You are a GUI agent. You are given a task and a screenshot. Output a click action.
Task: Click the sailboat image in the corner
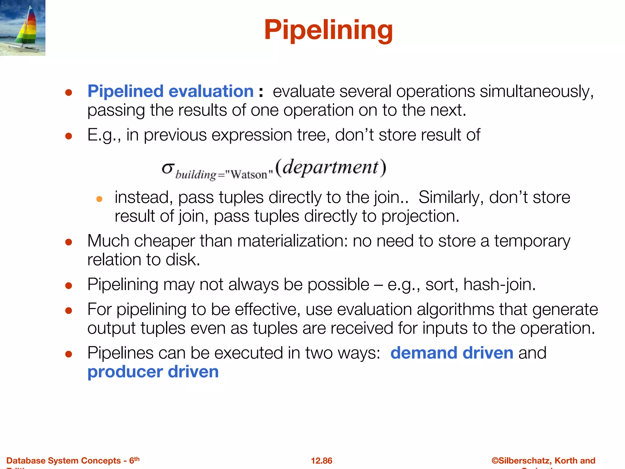(x=23, y=28)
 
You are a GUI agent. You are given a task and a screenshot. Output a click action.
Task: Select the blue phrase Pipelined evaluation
(x=171, y=91)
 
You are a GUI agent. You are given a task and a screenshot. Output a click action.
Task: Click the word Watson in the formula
(x=248, y=175)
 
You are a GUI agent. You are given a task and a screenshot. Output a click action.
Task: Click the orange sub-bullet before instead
(x=99, y=199)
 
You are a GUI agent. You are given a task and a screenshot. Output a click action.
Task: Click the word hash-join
(x=499, y=285)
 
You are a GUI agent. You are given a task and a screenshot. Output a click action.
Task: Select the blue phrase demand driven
(x=452, y=353)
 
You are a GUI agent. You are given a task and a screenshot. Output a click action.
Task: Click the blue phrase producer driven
(x=153, y=372)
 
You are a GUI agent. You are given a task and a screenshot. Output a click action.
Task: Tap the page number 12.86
(x=321, y=460)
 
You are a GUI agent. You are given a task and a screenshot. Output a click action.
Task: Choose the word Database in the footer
(x=25, y=460)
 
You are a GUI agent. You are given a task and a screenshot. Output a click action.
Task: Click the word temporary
(x=532, y=241)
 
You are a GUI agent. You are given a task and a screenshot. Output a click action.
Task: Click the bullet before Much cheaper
(x=69, y=242)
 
